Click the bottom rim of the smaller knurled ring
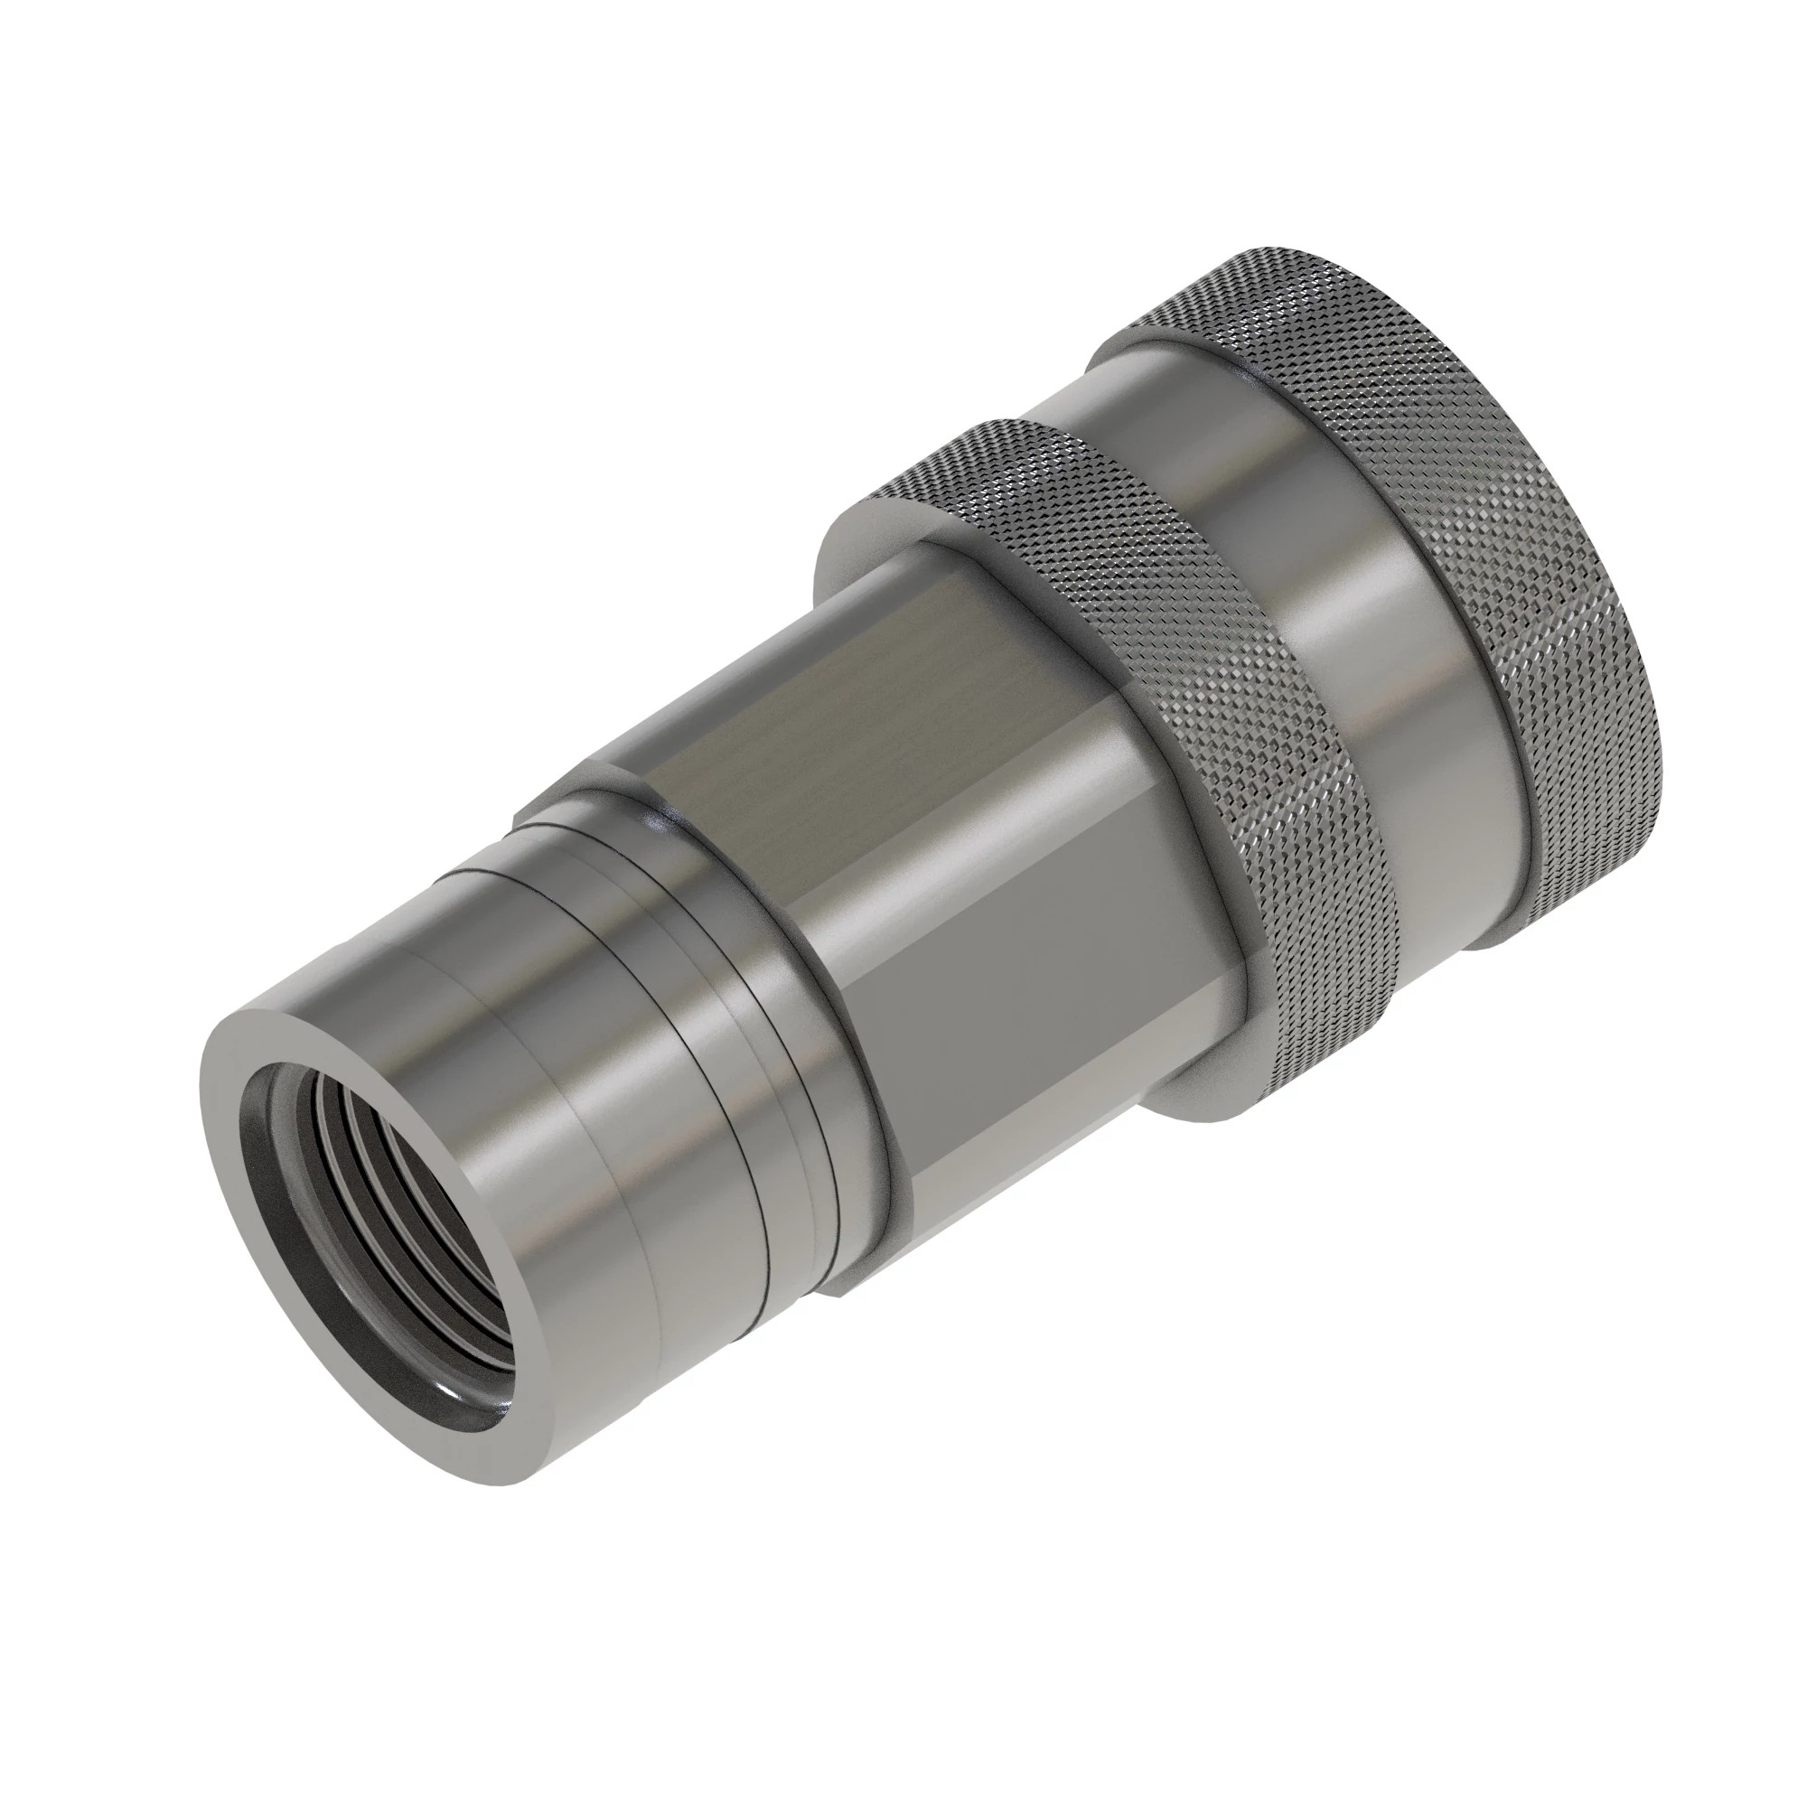point(1206,1113)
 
